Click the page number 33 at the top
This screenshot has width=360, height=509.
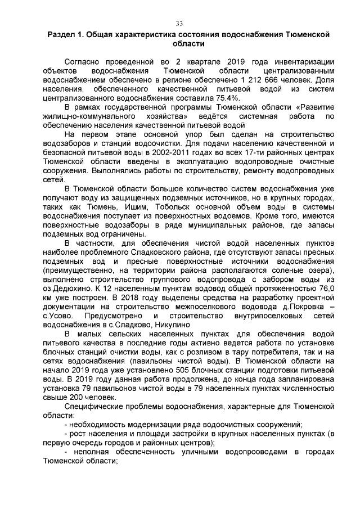179,23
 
